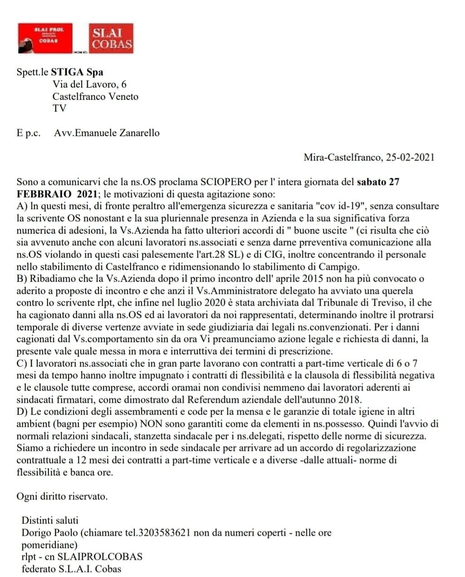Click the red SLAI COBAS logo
coord(112,39)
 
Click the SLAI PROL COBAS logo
coord(45,39)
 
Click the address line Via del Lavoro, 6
coord(89,84)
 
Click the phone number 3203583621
coord(164,532)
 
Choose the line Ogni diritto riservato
coord(62,496)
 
